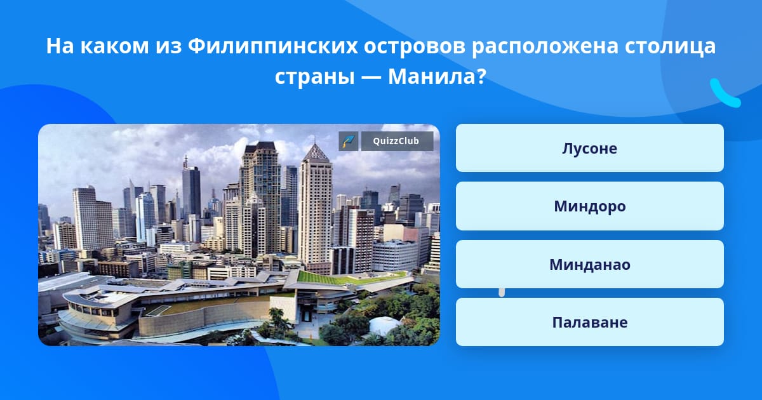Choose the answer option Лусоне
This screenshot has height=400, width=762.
(589, 148)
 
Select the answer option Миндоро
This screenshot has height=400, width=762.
(589, 206)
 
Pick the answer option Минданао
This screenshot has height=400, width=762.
(589, 264)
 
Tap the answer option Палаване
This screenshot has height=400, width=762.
(589, 322)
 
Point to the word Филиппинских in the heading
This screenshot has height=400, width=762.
(272, 46)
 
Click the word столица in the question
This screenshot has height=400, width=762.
(670, 46)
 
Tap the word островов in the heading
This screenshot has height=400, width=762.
(414, 47)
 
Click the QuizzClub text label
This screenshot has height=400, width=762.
(396, 141)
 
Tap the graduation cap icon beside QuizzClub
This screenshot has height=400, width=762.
(349, 141)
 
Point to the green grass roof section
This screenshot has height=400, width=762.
(344, 277)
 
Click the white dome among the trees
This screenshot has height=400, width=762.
(384, 325)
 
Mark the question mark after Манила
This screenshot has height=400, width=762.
(482, 77)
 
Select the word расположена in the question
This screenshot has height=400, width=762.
(545, 47)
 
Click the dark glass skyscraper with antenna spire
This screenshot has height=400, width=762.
(191, 189)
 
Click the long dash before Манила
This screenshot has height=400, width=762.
(371, 78)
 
